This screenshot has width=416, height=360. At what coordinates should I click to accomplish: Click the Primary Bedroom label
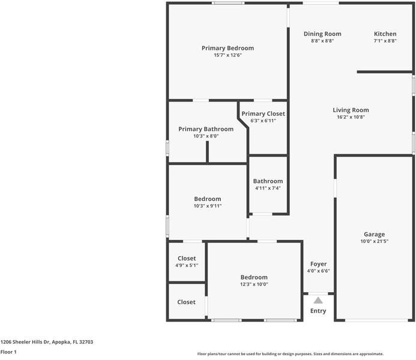coord(228,48)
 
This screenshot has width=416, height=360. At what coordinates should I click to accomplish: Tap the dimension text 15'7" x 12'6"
coord(228,55)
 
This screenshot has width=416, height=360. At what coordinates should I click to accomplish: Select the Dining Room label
coord(322,34)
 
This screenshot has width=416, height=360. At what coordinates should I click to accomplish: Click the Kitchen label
coord(385,34)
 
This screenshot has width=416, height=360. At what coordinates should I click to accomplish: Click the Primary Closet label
coord(263,113)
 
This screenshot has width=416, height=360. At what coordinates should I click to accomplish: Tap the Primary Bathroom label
coord(206,129)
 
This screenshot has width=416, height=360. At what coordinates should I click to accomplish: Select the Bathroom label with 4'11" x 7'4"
coord(268,181)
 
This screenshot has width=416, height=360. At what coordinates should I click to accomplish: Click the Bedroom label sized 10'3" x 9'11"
coord(208,199)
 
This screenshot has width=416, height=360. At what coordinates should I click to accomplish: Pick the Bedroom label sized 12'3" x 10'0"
coord(254,277)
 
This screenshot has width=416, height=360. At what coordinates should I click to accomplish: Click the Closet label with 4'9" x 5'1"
coord(187,259)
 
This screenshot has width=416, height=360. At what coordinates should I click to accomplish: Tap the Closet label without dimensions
coord(187,302)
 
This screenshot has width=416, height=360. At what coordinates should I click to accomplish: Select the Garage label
coord(374,235)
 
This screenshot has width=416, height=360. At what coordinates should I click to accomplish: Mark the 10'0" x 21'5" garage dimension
coord(374,242)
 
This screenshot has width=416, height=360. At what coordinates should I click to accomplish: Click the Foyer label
coord(318,264)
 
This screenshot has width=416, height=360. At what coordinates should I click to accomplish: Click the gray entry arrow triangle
coord(318,300)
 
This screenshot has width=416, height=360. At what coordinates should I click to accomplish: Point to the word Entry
coord(318,311)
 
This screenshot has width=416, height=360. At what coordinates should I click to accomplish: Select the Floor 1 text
coord(8,352)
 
